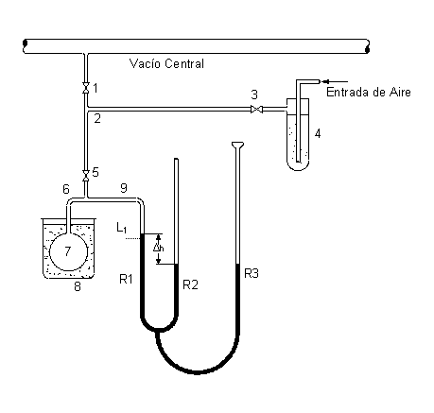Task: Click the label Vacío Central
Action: click(x=166, y=64)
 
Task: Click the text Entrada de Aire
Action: click(x=369, y=93)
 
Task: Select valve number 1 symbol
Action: click(x=85, y=88)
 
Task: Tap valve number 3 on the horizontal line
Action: click(x=257, y=110)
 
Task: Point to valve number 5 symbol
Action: click(x=85, y=176)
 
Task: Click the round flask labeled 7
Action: click(x=68, y=251)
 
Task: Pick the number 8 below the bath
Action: click(x=78, y=286)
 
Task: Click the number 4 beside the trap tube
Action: click(x=318, y=133)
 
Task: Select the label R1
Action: click(x=126, y=279)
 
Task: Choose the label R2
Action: click(x=190, y=284)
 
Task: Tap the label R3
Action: click(x=252, y=273)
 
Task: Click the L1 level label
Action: click(x=121, y=228)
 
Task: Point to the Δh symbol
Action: click(x=158, y=248)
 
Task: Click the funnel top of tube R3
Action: click(x=237, y=145)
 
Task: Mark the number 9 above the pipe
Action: click(x=124, y=188)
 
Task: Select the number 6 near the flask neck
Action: click(x=66, y=189)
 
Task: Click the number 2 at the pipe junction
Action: click(x=97, y=119)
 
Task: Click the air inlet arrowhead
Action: click(x=325, y=81)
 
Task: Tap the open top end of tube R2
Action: click(x=176, y=159)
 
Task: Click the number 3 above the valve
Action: click(x=254, y=95)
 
